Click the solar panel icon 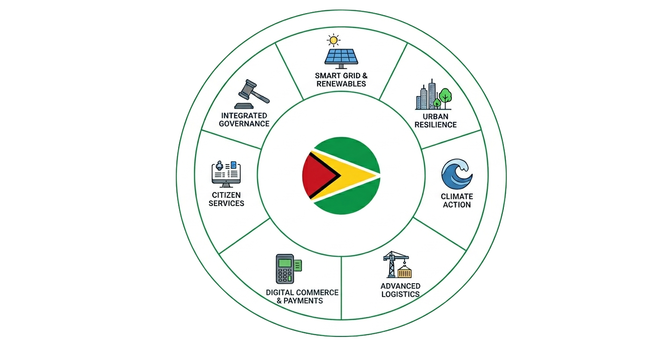pyautogui.click(x=341, y=57)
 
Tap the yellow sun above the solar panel pyautogui.click(x=334, y=40)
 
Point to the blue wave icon pyautogui.click(x=457, y=174)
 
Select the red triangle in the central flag pyautogui.click(x=319, y=175)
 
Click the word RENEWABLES pyautogui.click(x=341, y=84)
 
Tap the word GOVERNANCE pyautogui.click(x=244, y=124)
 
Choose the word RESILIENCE pyautogui.click(x=435, y=125)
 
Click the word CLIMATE pyautogui.click(x=457, y=196)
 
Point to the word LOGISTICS pyautogui.click(x=400, y=294)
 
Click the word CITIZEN pyautogui.click(x=226, y=195)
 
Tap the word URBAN pyautogui.click(x=435, y=116)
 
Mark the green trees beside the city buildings pyautogui.click(x=443, y=97)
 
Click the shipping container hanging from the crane pyautogui.click(x=404, y=272)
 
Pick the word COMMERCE pyautogui.click(x=316, y=292)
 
